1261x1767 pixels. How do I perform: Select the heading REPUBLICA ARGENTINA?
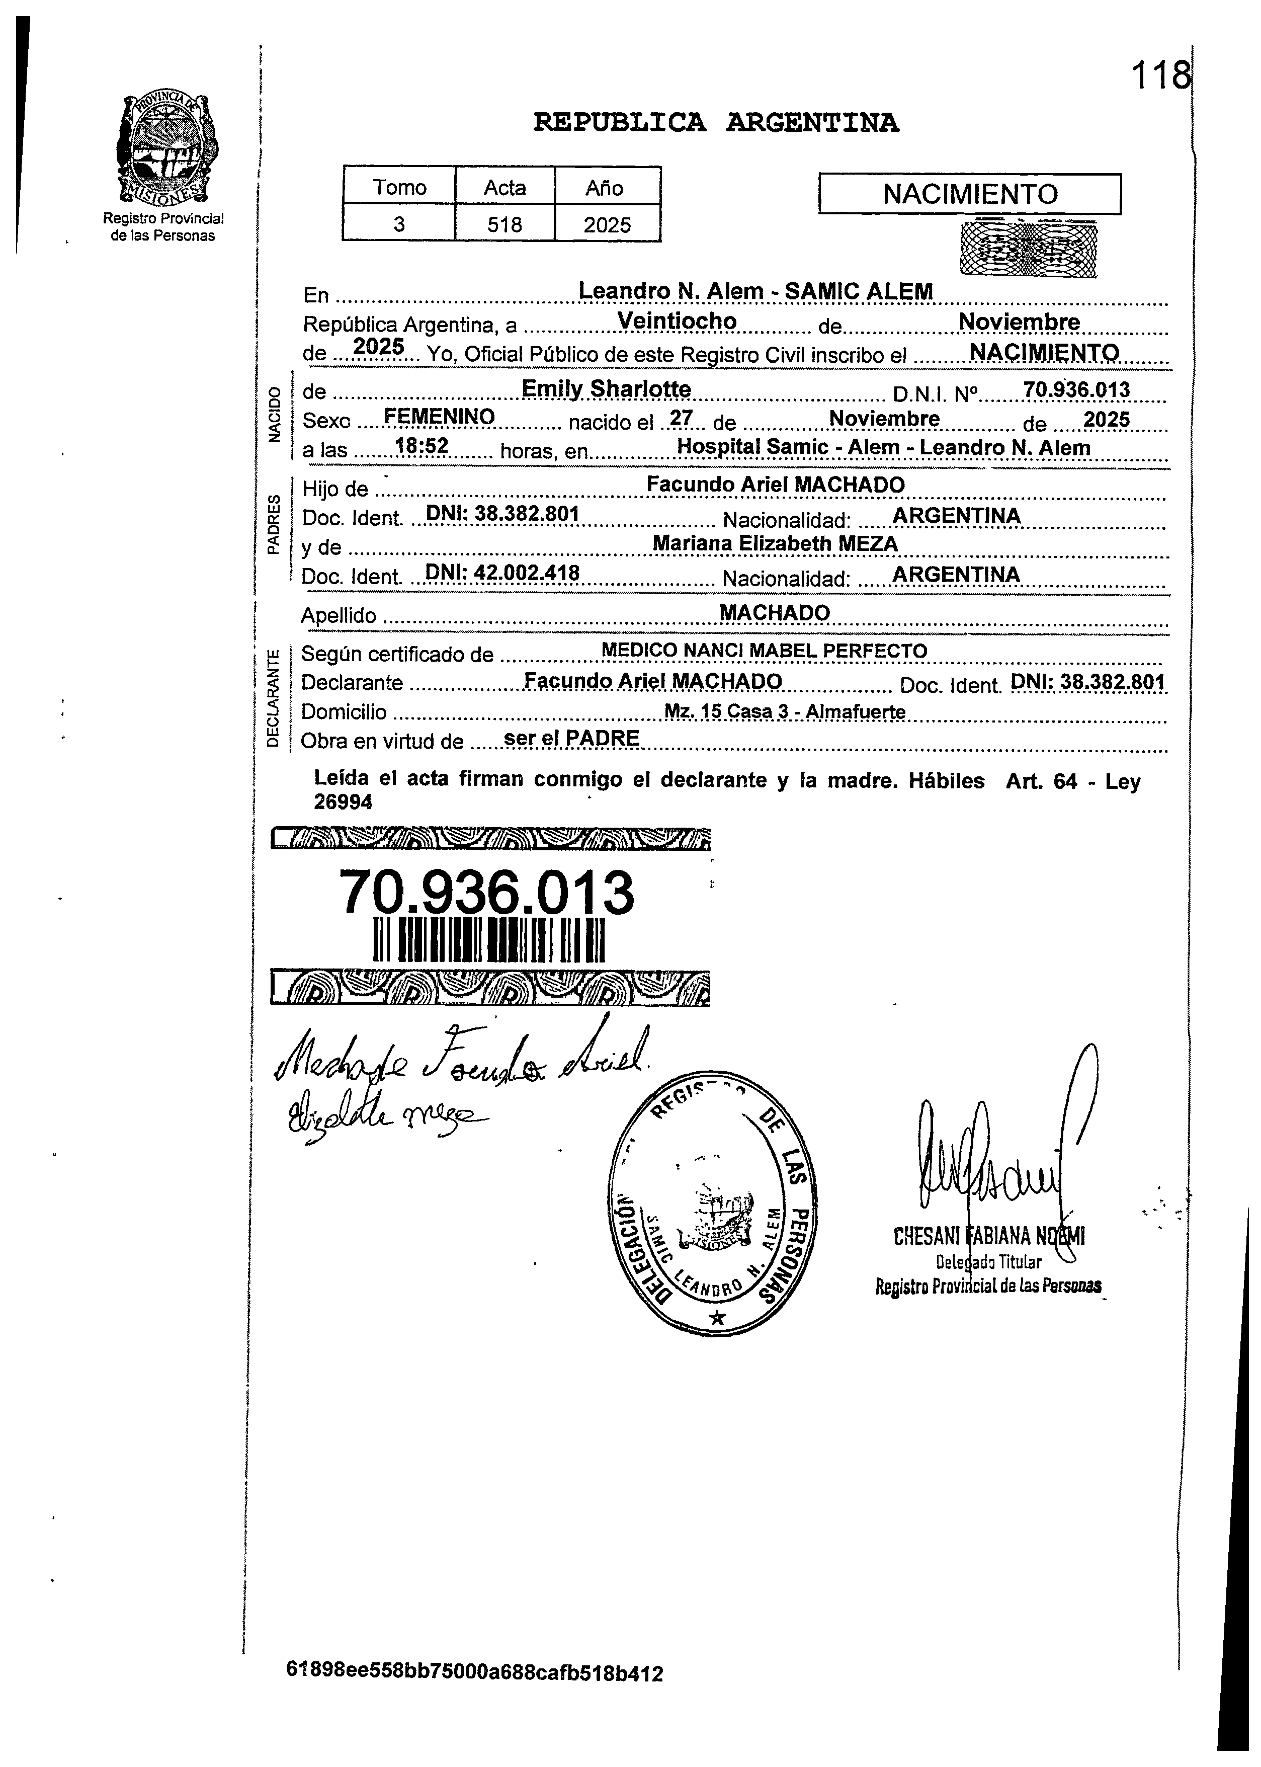pos(716,123)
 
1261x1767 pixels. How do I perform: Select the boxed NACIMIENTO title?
pos(970,193)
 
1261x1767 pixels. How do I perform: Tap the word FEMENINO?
pos(440,417)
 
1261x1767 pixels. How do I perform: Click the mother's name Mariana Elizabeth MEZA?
pos(775,544)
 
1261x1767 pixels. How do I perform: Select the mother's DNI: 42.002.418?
pos(502,573)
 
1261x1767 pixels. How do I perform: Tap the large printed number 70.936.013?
pos(487,893)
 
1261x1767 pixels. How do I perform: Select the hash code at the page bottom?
pos(474,1694)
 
